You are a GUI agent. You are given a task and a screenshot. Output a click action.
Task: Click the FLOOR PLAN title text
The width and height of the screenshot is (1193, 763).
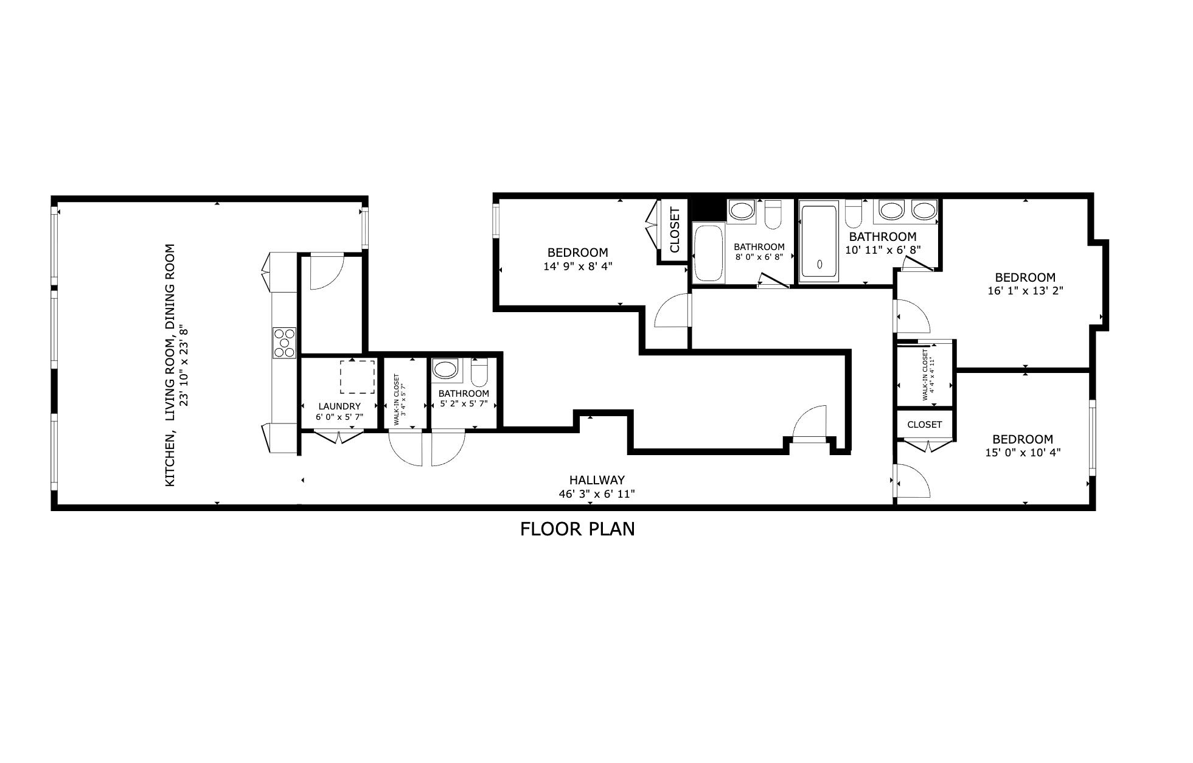[577, 529]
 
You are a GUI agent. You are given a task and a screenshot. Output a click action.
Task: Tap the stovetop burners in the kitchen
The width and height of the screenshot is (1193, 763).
[284, 343]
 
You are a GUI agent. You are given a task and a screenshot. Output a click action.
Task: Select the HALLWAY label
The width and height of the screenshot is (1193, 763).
[596, 480]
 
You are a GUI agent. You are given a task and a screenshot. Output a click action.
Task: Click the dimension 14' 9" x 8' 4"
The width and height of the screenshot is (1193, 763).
[577, 266]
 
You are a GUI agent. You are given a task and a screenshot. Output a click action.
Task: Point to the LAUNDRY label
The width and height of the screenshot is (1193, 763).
[339, 406]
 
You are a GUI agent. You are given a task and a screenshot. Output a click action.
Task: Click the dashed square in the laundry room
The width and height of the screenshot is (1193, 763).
[357, 377]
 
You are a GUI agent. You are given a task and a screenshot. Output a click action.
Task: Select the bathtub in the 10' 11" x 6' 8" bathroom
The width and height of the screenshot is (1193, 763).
[819, 243]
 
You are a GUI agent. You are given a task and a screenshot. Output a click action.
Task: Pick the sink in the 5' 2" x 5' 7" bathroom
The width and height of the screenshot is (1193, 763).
[445, 369]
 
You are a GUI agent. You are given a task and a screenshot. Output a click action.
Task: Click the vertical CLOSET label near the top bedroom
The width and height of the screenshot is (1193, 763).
[674, 230]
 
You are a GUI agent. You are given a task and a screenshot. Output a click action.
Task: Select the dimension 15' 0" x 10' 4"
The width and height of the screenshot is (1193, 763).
[1023, 452]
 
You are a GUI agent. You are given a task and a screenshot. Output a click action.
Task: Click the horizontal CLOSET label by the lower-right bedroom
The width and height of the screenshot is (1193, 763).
[924, 425]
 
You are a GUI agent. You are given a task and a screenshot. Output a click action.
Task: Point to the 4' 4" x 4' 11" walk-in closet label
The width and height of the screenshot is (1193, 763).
[927, 374]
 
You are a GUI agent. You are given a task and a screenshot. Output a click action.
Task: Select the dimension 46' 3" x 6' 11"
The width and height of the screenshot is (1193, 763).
[596, 494]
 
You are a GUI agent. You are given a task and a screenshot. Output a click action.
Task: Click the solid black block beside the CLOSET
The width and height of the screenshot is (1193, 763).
[708, 209]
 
